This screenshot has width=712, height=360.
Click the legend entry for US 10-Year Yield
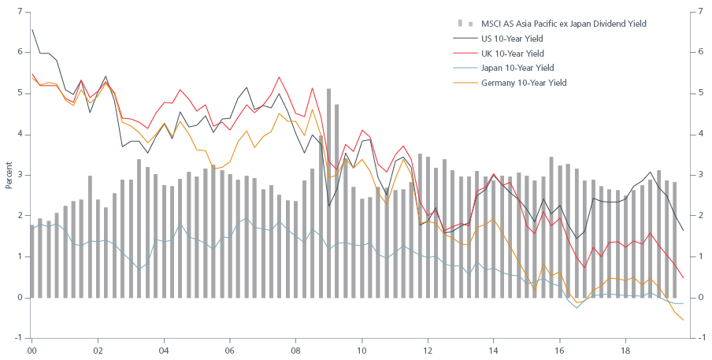pos(512,39)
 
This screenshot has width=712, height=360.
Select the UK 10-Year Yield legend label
pos(512,54)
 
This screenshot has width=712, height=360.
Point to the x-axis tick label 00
pos(32,348)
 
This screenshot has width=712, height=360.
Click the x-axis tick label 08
pos(296,348)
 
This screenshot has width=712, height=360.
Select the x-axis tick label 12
pos(428,348)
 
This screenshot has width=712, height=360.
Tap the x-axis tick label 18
pos(625,348)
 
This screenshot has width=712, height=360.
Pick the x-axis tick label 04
pos(164,348)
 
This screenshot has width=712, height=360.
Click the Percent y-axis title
pos(9,175)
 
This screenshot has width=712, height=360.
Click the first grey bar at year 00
pos(32,261)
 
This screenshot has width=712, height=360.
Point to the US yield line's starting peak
pos(32,30)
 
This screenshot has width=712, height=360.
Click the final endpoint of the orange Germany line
pos(683,320)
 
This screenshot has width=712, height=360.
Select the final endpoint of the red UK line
pos(683,278)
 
